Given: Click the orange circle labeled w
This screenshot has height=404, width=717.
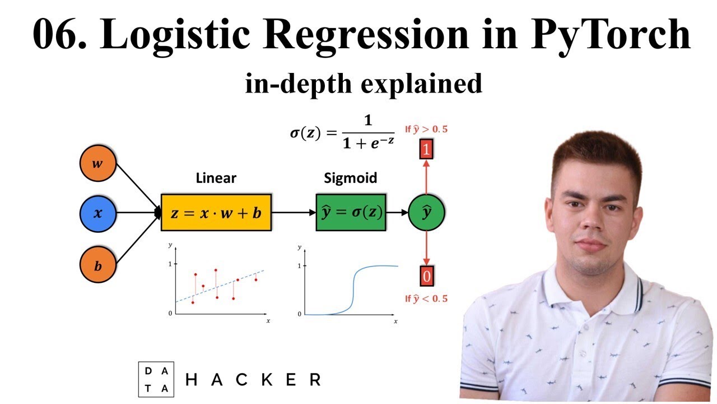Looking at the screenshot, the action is [x=97, y=163].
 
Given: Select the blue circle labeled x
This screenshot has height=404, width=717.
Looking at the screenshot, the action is [x=97, y=214].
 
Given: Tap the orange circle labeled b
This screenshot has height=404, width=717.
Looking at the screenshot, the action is [x=97, y=264].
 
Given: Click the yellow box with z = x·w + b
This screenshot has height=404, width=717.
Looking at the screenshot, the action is [x=216, y=212].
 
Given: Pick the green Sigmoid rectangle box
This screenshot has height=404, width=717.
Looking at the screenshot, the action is [x=351, y=212].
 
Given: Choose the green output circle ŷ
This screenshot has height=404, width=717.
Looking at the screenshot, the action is [x=426, y=212].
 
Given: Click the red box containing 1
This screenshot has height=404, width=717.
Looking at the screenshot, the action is [x=426, y=149].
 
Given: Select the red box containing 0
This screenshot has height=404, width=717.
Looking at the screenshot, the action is [x=427, y=276].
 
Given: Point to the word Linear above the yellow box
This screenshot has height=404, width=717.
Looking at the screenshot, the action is [x=216, y=178].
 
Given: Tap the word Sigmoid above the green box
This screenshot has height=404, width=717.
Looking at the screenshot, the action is [x=351, y=178].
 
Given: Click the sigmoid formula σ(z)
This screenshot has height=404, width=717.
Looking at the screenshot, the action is [x=342, y=132].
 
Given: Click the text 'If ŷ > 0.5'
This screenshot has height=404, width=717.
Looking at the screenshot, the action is [x=426, y=130].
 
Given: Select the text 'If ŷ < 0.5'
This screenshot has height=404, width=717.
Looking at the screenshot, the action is [x=426, y=299].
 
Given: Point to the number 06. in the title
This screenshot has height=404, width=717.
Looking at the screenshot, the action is [x=59, y=34].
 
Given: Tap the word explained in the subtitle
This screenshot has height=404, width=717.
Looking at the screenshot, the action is [x=421, y=84].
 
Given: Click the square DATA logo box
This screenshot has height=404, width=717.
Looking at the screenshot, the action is [x=156, y=379].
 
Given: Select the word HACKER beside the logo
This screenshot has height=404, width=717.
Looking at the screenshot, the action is [x=253, y=380].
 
